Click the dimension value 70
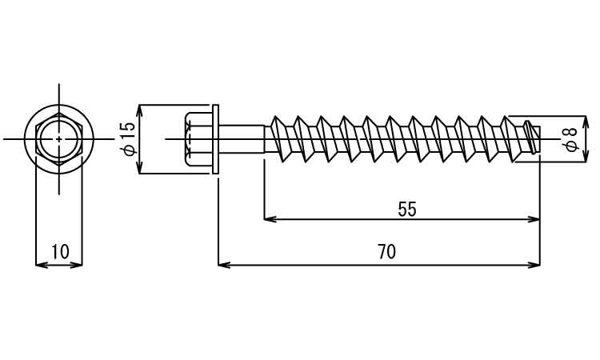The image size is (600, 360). point(386,252)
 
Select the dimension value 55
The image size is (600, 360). point(407,210)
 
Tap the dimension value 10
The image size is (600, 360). point(60,253)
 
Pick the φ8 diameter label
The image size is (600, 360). point(570,139)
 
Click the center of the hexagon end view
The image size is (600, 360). point(58,139)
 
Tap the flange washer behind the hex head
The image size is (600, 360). point(215,139)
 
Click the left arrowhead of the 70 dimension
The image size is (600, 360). point(223,264)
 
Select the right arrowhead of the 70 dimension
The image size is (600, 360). point(535,264)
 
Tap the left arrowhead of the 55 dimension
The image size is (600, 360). point(269,218)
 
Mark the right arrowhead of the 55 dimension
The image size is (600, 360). point(535,218)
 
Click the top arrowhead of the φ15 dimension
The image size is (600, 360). point(139,110)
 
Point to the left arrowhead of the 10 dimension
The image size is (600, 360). point(41,264)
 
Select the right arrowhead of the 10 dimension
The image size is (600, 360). point(78,264)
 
